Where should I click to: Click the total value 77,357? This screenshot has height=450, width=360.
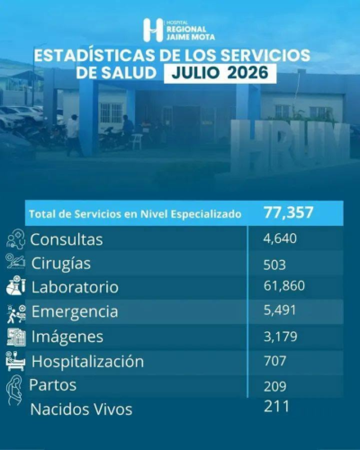click(289, 212)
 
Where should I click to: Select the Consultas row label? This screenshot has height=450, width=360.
click(67, 239)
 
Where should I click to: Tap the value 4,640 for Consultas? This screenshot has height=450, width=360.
click(280, 238)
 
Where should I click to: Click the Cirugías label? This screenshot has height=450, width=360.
click(61, 264)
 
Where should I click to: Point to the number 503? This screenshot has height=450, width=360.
click(274, 265)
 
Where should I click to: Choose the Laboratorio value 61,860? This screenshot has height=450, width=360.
click(284, 285)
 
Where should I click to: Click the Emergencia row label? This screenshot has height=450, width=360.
click(75, 311)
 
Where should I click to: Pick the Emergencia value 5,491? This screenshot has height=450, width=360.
click(280, 310)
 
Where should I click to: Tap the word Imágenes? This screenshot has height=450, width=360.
click(67, 337)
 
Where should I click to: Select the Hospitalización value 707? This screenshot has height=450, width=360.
click(274, 361)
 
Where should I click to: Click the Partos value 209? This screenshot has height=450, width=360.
click(274, 386)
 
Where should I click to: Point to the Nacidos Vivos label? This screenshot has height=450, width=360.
click(81, 409)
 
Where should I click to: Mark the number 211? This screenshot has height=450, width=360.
click(276, 407)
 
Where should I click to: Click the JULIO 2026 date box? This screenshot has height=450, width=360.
click(220, 73)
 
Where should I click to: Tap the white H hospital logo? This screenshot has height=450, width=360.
click(153, 30)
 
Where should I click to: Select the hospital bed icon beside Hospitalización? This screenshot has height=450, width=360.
click(15, 361)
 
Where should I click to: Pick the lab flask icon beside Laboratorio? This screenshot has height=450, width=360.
click(16, 286)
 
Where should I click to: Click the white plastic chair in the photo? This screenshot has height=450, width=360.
click(137, 141)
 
